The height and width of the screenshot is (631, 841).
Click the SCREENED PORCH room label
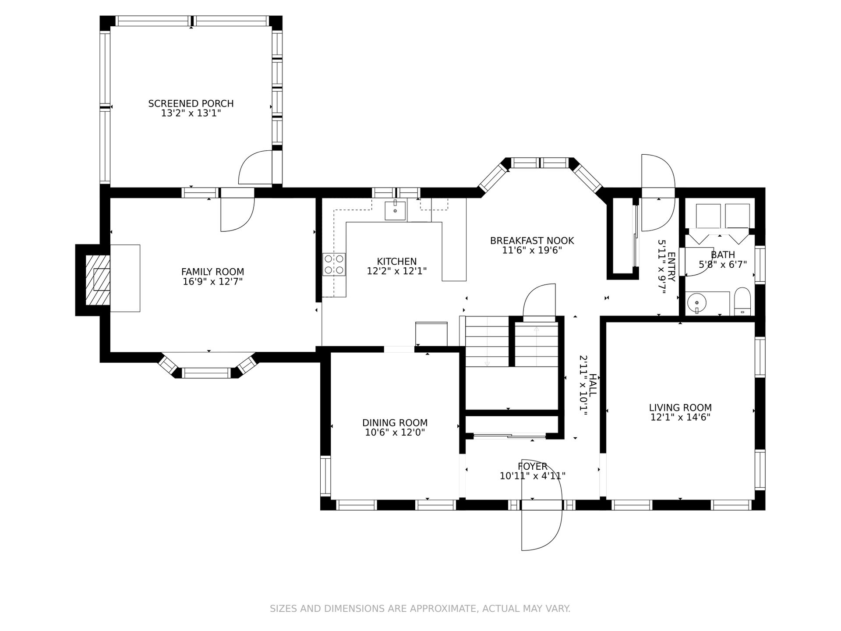click(191, 104)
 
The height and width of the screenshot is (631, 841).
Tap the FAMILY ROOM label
click(212, 272)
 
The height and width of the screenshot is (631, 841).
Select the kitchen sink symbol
click(395, 211)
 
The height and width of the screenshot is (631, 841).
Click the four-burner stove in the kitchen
click(334, 264)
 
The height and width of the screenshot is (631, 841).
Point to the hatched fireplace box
click(97, 280)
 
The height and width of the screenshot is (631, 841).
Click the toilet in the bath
click(742, 301)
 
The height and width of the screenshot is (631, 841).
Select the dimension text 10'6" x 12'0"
click(395, 432)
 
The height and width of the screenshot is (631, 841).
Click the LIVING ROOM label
click(680, 408)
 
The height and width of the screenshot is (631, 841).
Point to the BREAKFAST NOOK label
click(532, 241)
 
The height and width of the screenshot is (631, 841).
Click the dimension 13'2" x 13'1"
click(191, 113)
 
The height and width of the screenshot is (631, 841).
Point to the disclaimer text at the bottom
click(420, 609)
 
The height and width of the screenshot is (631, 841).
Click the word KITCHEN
click(397, 262)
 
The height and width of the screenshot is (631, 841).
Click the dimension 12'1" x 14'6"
click(680, 417)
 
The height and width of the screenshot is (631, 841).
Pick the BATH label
click(723, 255)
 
